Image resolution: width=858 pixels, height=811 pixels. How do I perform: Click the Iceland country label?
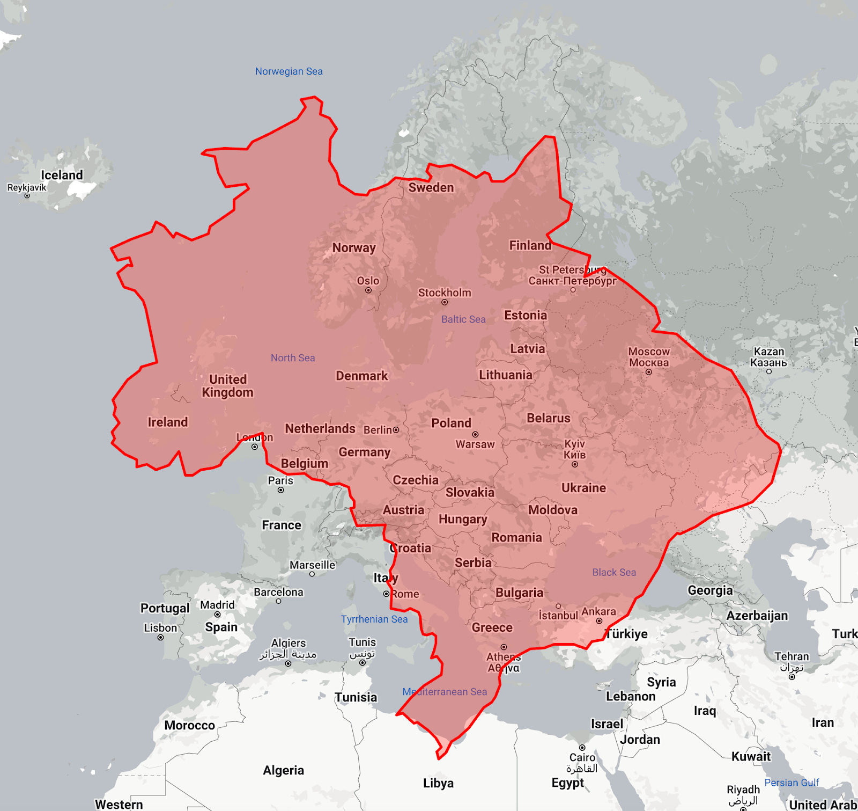pyautogui.click(x=62, y=175)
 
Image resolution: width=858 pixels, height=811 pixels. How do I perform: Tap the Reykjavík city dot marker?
pyautogui.click(x=27, y=196)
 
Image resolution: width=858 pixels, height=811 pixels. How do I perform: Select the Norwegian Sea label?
pyautogui.click(x=289, y=71)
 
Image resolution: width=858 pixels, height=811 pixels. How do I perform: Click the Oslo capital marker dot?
pyautogui.click(x=368, y=290)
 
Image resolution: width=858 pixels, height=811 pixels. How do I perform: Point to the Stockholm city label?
pyautogui.click(x=445, y=293)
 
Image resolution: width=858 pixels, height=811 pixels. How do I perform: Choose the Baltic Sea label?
pyautogui.click(x=463, y=319)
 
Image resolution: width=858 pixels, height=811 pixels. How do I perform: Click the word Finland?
pyautogui.click(x=530, y=245)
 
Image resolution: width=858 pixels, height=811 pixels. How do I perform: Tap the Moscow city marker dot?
pyautogui.click(x=649, y=372)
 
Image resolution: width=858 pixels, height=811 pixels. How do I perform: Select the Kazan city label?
pyautogui.click(x=769, y=357)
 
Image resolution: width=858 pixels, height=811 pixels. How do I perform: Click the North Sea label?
pyautogui.click(x=293, y=358)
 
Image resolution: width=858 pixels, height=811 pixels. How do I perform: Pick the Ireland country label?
pyautogui.click(x=168, y=422)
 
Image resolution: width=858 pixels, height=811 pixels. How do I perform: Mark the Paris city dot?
pyautogui.click(x=281, y=490)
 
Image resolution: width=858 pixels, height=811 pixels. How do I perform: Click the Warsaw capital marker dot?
pyautogui.click(x=475, y=434)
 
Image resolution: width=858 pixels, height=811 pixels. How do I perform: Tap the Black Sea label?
pyautogui.click(x=614, y=573)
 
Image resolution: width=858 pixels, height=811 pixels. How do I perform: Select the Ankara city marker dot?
pyautogui.click(x=600, y=621)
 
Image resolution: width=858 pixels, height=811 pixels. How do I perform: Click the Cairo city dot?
pyautogui.click(x=582, y=748)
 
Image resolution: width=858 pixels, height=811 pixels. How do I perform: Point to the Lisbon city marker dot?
pyautogui.click(x=160, y=638)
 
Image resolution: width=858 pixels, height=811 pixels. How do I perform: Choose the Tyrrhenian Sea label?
pyautogui.click(x=374, y=619)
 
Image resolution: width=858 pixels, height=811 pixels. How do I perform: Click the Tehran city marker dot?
pyautogui.click(x=792, y=677)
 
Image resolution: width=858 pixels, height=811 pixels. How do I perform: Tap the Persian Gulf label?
pyautogui.click(x=792, y=783)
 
